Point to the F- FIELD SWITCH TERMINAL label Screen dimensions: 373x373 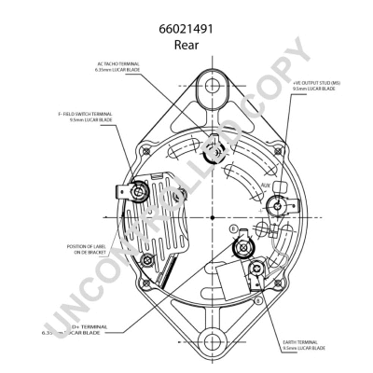click(85, 117)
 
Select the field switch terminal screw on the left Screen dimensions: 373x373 click(142, 191)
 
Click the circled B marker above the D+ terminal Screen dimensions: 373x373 click(232, 226)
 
